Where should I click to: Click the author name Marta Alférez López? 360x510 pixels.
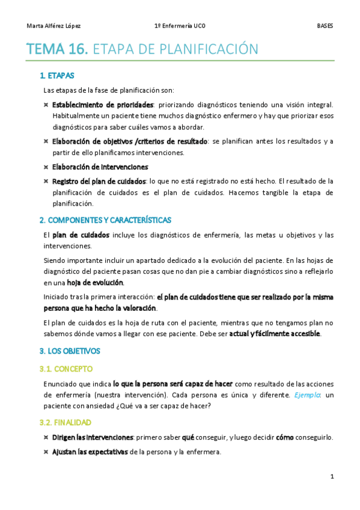point(54,26)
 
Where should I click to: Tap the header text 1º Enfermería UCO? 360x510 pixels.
point(180,26)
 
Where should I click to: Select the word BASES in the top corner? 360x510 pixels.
point(325,26)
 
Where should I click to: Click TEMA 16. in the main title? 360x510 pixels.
point(57,49)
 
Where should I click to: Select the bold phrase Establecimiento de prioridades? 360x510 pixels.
point(103,105)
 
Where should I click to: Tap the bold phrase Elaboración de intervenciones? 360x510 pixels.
point(100,167)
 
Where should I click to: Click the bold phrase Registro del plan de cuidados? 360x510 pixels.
point(99,181)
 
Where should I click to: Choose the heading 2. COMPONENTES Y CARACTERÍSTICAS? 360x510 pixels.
point(105,220)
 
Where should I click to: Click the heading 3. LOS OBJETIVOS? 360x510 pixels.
point(69,351)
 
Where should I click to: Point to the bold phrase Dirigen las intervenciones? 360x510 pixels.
point(93,437)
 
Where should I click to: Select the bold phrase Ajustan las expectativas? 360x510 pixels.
point(90,451)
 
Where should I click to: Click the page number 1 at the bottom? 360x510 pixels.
point(332,477)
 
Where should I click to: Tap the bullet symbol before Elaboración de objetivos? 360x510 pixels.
point(46,142)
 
